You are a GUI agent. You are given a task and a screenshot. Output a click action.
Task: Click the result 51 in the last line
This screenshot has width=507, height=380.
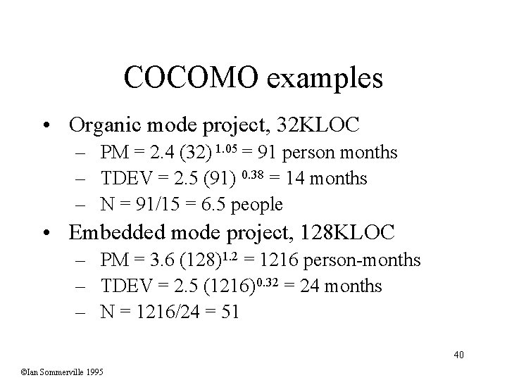tap(230, 312)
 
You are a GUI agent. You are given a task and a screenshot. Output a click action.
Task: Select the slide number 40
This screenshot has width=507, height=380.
tap(458, 355)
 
